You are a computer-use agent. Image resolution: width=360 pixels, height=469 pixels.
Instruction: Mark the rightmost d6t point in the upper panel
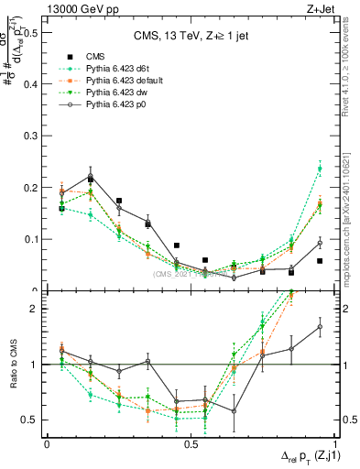click(320, 169)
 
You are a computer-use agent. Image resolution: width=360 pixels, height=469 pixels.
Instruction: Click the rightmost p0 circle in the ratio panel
click(320, 326)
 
